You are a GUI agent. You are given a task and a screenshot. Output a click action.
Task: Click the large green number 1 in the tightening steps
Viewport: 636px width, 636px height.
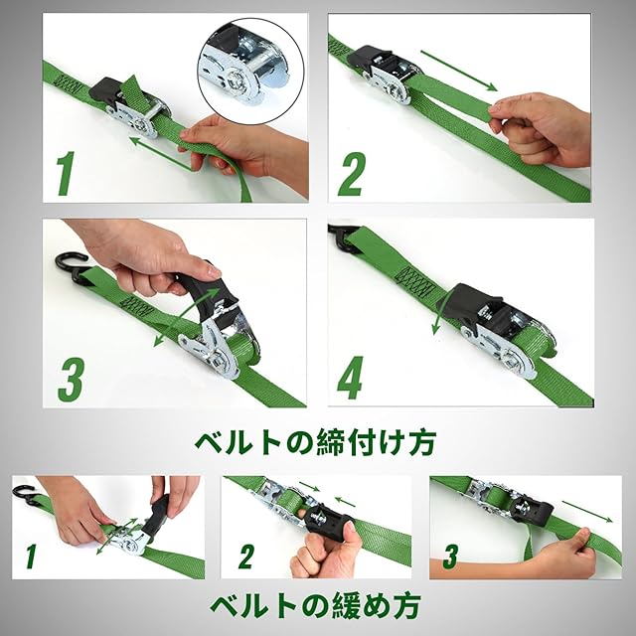click(x=66, y=173)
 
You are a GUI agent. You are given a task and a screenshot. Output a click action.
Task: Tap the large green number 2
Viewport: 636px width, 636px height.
click(x=352, y=175)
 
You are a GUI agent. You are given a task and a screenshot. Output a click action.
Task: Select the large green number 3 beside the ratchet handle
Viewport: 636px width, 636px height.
click(x=71, y=380)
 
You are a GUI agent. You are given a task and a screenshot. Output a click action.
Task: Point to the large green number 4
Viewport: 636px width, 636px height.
click(x=350, y=378)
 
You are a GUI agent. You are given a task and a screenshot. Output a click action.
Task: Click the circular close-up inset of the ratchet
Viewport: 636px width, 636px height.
click(x=251, y=71)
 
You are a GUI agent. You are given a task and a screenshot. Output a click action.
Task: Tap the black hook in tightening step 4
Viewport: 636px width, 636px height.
click(x=343, y=238)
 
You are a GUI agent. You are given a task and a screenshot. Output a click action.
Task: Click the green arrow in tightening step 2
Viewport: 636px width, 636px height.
click(x=459, y=71)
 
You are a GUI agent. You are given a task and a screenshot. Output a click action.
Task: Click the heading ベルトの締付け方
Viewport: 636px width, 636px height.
click(x=315, y=442)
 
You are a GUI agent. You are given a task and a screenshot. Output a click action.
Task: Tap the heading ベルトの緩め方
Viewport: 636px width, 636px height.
click(x=315, y=605)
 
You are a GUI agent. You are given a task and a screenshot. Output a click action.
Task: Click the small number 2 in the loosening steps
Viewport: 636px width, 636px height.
click(x=246, y=556)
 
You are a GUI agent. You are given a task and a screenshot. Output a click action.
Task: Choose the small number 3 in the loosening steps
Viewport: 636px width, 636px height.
click(x=450, y=556)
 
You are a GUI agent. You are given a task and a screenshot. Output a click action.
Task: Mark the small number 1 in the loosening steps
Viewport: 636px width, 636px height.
click(x=31, y=556)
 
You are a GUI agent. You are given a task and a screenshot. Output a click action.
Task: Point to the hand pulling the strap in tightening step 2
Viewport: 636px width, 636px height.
click(x=540, y=130)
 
